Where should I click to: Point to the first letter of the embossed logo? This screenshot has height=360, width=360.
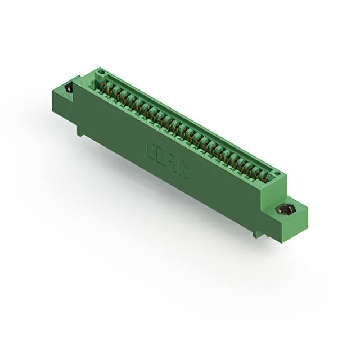151,151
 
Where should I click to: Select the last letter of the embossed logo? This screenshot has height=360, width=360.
183,171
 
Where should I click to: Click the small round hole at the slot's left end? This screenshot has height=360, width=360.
102,74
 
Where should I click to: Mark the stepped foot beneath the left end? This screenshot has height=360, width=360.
82,130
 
